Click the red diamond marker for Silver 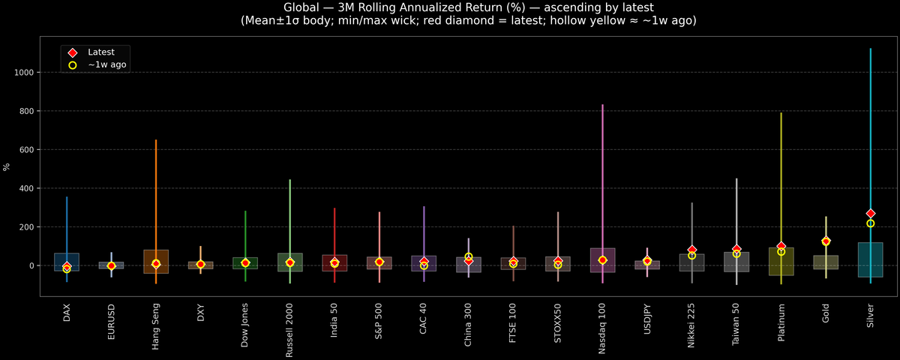pos(871,214)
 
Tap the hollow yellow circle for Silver pos(871,223)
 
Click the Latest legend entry pos(100,52)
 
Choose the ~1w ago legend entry pos(106,65)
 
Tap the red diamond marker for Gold pos(826,241)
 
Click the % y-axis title pos(7,166)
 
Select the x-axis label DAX pos(67,313)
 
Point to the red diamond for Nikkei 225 pos(691,250)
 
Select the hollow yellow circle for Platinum pos(781,252)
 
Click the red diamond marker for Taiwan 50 pos(736,249)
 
